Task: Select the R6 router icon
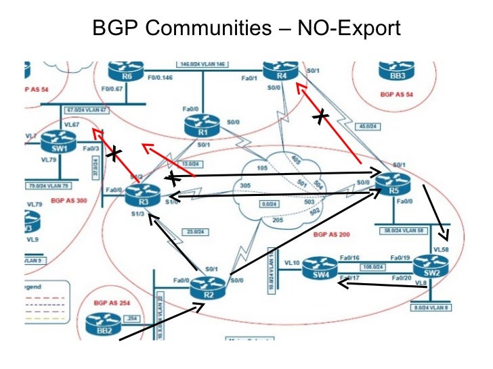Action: (127, 70)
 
